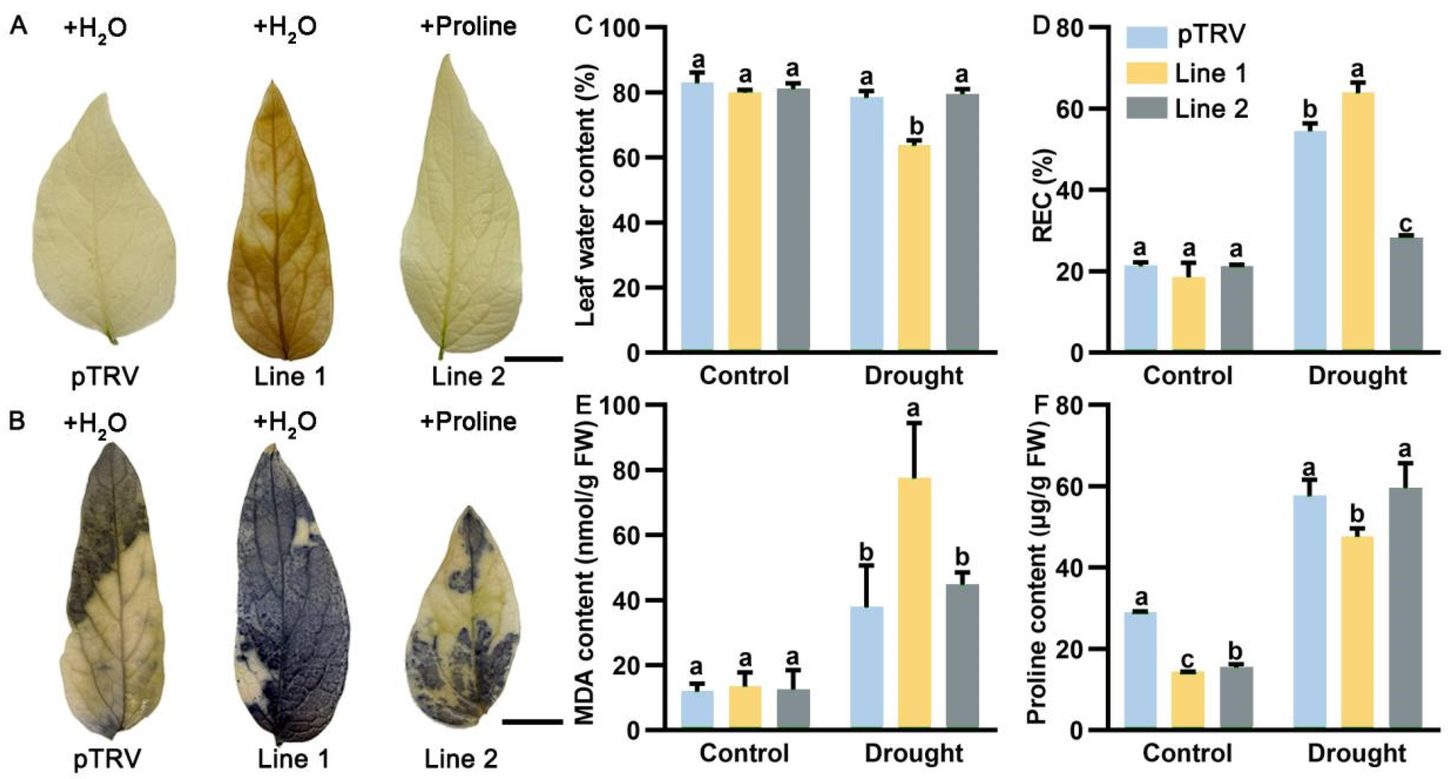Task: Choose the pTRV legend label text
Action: click(x=1211, y=35)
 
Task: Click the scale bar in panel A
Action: click(x=533, y=358)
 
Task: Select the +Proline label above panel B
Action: click(x=468, y=421)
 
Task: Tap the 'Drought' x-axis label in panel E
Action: click(x=914, y=753)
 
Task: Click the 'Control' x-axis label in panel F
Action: click(x=1187, y=753)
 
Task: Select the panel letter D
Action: click(x=1042, y=26)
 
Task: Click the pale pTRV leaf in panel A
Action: click(x=104, y=219)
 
